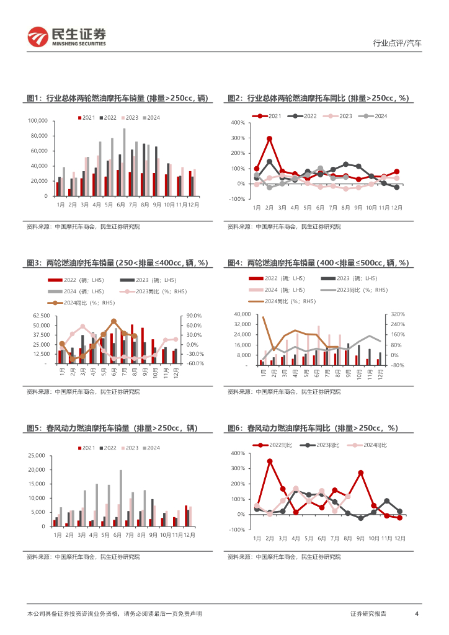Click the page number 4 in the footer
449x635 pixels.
[x=417, y=613]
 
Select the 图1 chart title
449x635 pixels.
[x=117, y=98]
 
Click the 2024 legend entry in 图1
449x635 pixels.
[x=151, y=117]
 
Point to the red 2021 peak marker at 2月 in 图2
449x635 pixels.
[x=270, y=139]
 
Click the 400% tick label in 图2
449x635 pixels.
[x=238, y=123]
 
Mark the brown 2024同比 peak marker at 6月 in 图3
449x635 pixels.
[x=114, y=321]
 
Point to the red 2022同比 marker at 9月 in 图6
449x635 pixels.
[x=361, y=473]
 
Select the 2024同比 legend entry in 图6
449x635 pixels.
[x=374, y=445]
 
